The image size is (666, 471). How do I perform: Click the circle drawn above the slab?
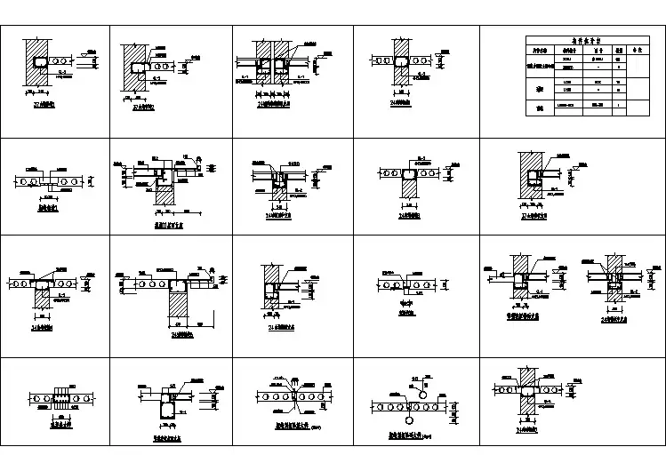tap(422, 387)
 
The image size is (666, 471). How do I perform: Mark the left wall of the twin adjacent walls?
tap(262, 50)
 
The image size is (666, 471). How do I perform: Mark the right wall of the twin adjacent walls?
tap(284, 50)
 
